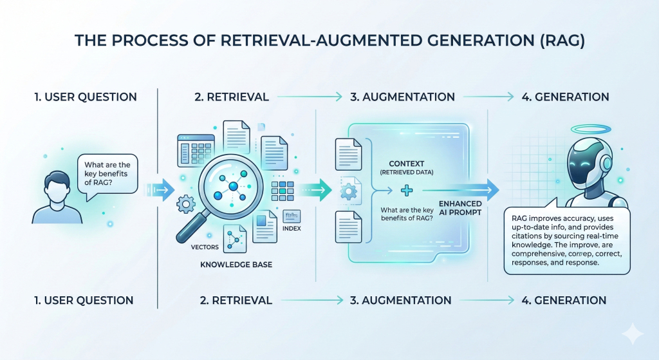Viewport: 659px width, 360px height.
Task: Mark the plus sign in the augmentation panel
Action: coord(406,191)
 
